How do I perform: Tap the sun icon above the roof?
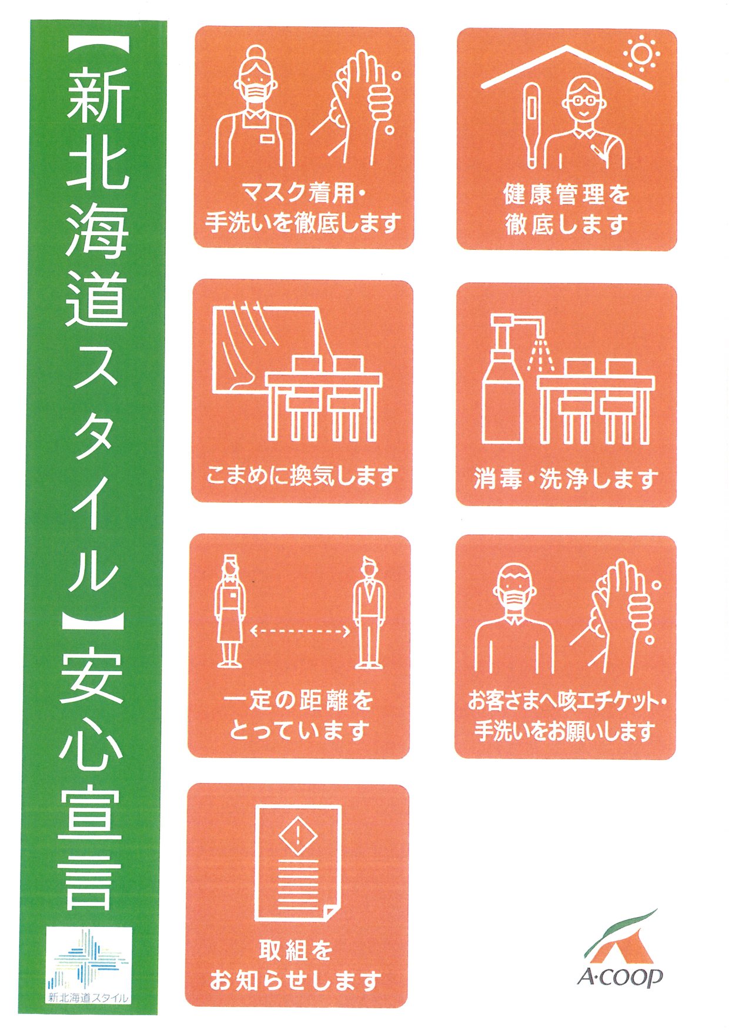click(x=641, y=54)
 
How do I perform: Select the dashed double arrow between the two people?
click(x=300, y=632)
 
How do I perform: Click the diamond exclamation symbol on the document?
click(x=298, y=833)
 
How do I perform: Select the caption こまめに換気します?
click(x=302, y=475)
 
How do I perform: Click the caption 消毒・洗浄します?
click(x=566, y=479)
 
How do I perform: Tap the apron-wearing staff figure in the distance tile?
click(x=230, y=611)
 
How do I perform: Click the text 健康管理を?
click(x=567, y=194)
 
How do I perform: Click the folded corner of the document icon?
click(x=332, y=911)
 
